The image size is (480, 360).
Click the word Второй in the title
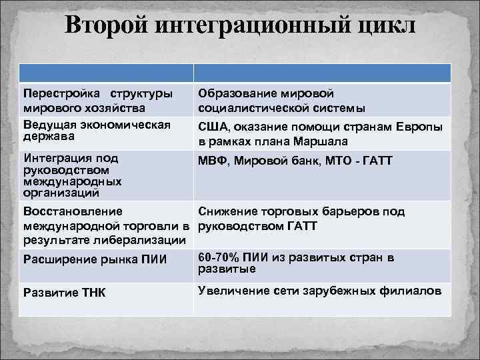coord(107,26)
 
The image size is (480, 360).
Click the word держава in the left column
coord(46,136)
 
